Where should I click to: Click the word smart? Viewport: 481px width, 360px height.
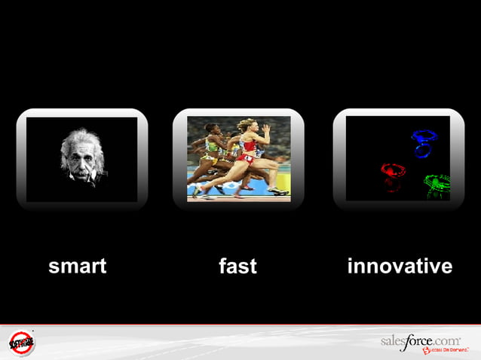(x=77, y=266)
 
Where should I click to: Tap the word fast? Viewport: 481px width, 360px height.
(x=237, y=266)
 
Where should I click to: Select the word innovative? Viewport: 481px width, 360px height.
(x=400, y=266)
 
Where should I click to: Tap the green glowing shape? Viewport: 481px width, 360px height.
(x=437, y=183)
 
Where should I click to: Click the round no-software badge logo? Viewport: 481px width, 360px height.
(x=22, y=343)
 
